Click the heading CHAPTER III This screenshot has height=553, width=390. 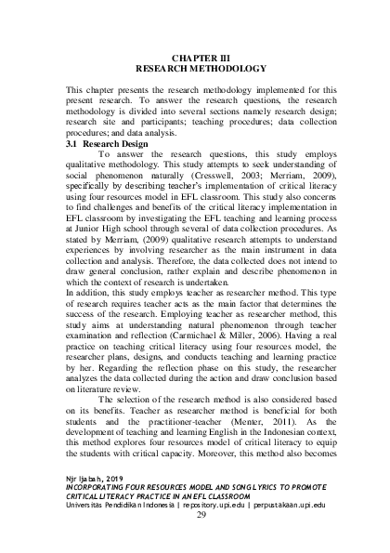(x=194, y=58)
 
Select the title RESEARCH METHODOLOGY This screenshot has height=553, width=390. (x=194, y=69)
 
